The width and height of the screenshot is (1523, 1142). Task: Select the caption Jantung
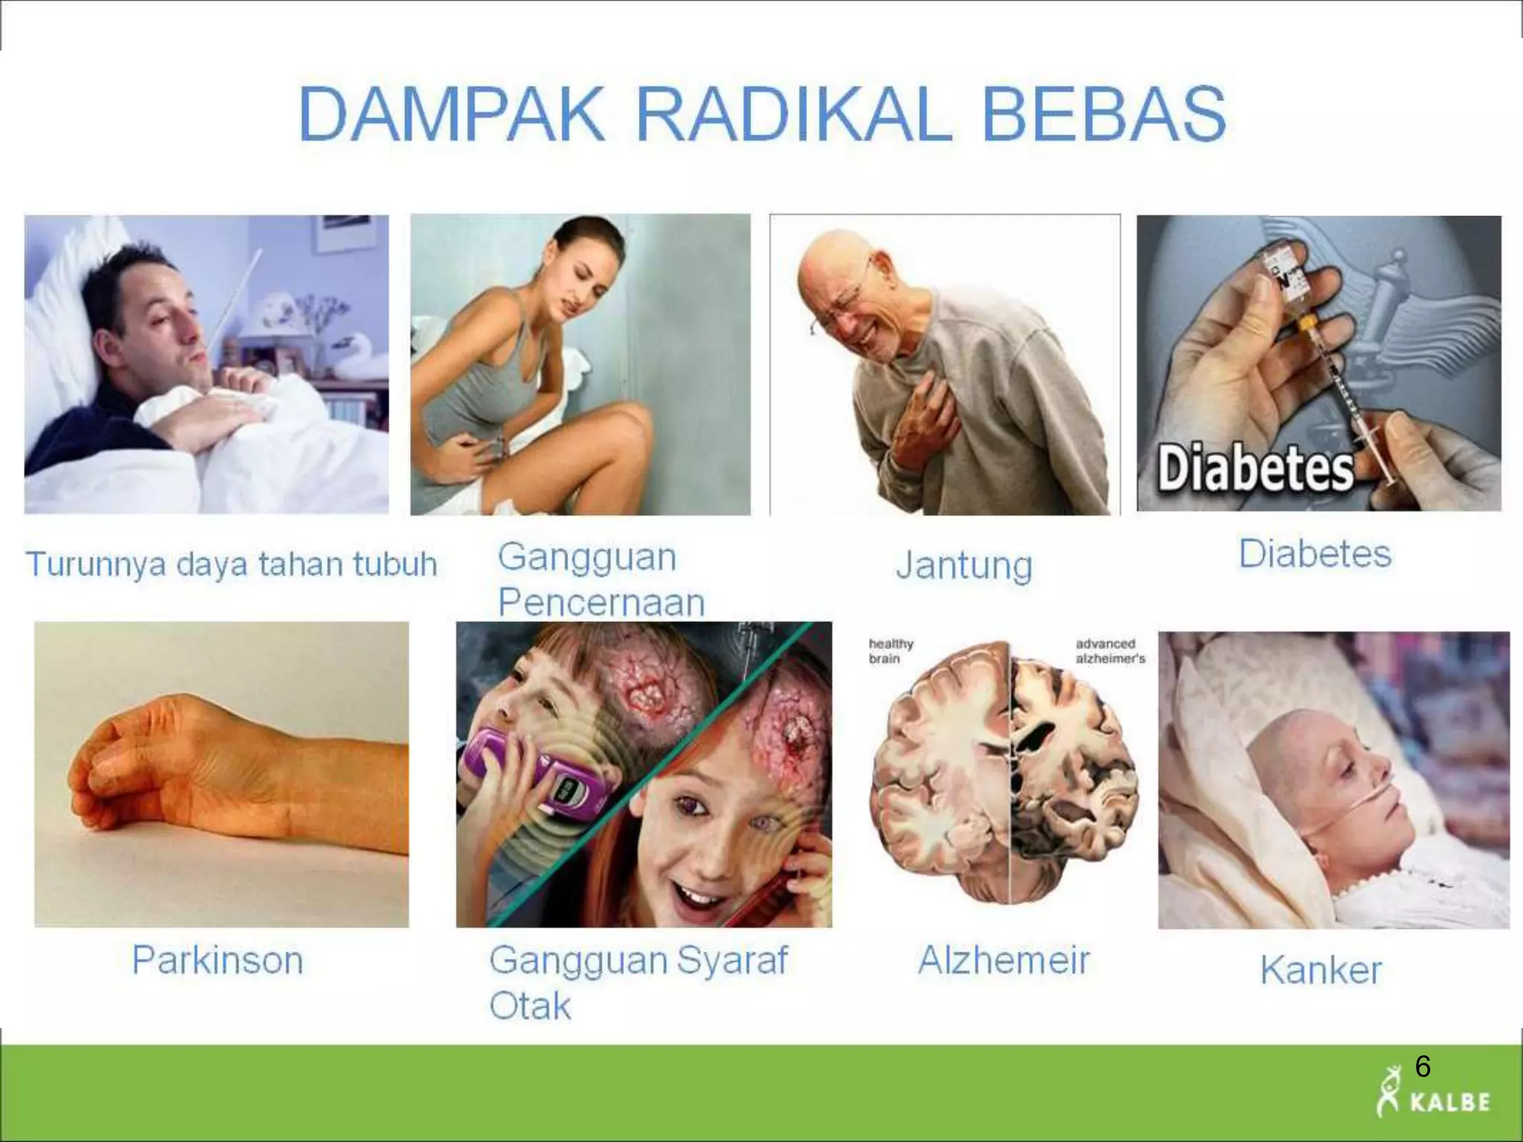(x=964, y=565)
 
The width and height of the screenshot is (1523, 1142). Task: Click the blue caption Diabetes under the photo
(x=1314, y=554)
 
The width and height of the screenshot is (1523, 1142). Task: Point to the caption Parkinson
(x=217, y=960)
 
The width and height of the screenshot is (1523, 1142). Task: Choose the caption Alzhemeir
(x=1003, y=960)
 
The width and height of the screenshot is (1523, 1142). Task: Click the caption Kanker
(x=1321, y=970)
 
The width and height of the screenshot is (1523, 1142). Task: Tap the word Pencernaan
(x=601, y=602)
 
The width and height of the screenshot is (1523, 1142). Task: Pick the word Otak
(x=529, y=1006)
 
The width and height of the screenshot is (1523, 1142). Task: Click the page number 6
(x=1422, y=1067)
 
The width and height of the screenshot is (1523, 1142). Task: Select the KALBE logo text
(x=1449, y=1102)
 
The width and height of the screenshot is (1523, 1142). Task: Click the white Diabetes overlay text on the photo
(x=1255, y=468)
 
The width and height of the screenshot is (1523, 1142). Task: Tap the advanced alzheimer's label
(x=1110, y=651)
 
